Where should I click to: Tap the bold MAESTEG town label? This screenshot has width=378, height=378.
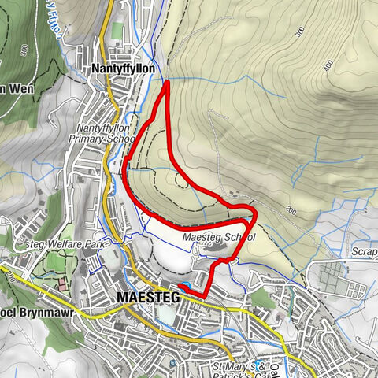coord(147,297)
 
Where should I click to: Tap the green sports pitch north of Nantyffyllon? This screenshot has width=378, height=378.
coord(117,31)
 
